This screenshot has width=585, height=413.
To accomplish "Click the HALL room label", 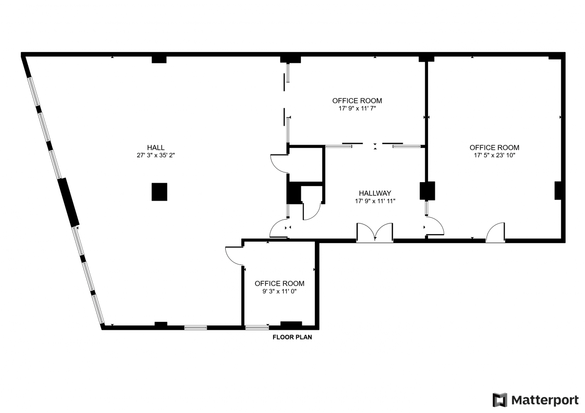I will [156, 148].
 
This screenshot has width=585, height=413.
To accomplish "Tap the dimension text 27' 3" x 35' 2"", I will [156, 156].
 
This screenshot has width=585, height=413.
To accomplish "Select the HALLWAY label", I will [374, 193].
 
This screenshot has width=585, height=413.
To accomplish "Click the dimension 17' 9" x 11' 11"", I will [374, 201].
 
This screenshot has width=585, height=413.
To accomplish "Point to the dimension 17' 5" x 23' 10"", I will [494, 156].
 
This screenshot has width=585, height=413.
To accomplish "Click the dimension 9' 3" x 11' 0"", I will [279, 292].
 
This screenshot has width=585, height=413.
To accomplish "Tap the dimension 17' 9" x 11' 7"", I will [357, 109].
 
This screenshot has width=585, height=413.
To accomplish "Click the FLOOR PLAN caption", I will [292, 337].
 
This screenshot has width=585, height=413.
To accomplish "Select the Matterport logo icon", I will [500, 400].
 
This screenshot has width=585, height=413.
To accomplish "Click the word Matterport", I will [545, 400].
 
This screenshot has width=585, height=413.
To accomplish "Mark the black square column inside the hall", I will [159, 191].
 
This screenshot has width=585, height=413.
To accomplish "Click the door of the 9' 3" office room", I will [234, 256].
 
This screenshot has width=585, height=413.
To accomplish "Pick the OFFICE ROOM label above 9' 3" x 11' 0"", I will [279, 283].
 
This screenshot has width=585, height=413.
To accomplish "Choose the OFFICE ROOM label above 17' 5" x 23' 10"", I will [494, 148].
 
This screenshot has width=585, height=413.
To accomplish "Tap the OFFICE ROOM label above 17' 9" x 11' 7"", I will [357, 101].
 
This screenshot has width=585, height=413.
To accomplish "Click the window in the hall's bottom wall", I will [195, 327].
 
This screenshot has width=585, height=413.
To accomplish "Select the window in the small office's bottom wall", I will [257, 327].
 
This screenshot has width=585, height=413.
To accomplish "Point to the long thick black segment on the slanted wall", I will [68, 202].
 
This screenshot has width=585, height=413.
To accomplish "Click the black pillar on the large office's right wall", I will [558, 190].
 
